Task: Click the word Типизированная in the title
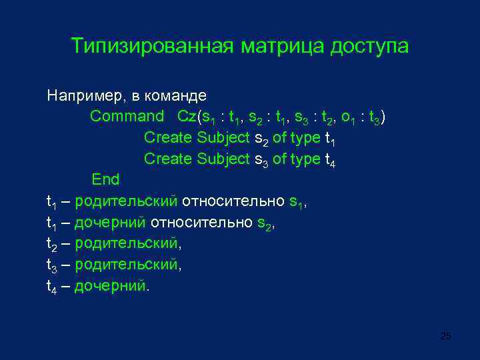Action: click(x=152, y=47)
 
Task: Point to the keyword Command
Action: click(x=127, y=117)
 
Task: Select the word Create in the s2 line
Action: click(x=168, y=138)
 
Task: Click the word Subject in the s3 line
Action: click(x=223, y=159)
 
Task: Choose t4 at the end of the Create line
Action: click(x=329, y=161)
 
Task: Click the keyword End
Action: click(x=105, y=180)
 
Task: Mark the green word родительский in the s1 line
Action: click(x=126, y=201)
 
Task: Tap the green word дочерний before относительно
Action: click(x=111, y=223)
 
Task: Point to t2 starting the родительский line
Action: click(x=52, y=245)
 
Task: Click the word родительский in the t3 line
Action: click(x=126, y=265)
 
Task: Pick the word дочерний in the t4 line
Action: click(x=111, y=286)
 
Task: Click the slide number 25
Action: click(x=446, y=336)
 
